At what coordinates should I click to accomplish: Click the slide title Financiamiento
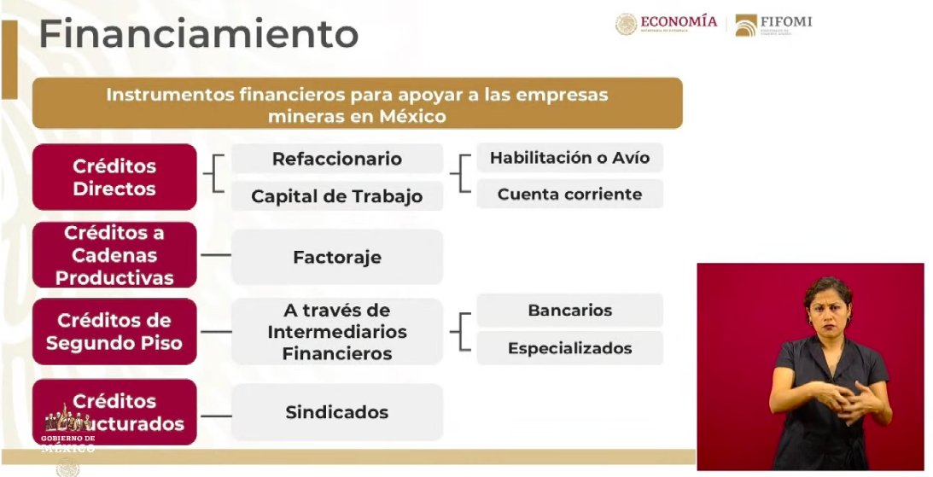click(198, 35)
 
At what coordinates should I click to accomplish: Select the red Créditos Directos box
click(114, 177)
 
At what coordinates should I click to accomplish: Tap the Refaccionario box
click(337, 159)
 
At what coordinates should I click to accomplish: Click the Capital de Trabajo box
click(337, 196)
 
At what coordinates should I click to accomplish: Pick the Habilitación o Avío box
click(569, 158)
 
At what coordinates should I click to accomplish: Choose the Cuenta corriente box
click(569, 194)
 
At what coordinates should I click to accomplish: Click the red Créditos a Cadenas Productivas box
click(114, 255)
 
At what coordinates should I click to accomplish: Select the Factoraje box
click(337, 257)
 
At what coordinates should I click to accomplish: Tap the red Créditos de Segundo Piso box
click(114, 332)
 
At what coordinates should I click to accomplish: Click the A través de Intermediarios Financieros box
click(337, 332)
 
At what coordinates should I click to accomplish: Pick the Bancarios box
click(569, 311)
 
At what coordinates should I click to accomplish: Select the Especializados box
click(569, 348)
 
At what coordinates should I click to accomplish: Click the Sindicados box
click(337, 412)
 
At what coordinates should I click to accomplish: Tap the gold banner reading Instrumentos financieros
click(357, 104)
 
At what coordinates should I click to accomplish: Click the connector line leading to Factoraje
click(215, 255)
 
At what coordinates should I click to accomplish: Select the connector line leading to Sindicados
click(215, 416)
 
